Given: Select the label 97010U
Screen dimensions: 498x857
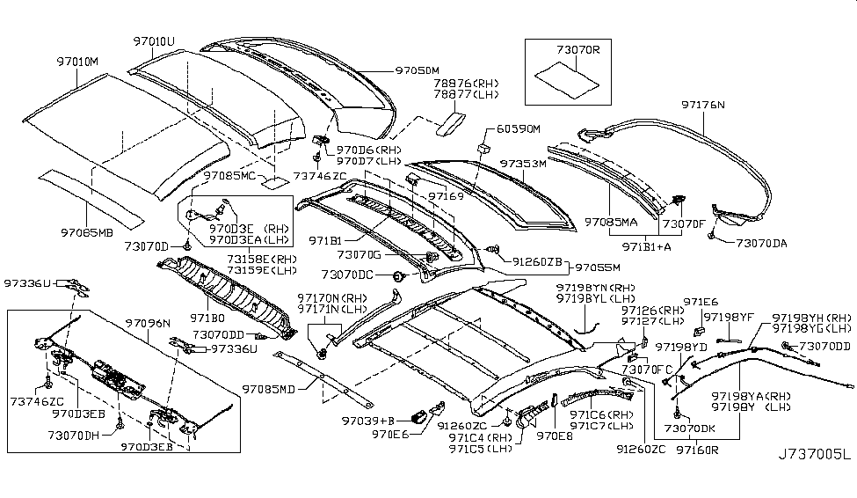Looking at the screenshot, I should click(x=154, y=40).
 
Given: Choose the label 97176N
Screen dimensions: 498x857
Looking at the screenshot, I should click(x=703, y=104).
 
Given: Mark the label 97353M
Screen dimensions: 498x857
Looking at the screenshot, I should click(x=524, y=164).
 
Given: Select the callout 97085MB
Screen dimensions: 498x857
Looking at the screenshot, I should click(x=87, y=232).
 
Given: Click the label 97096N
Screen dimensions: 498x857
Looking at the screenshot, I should click(x=148, y=323).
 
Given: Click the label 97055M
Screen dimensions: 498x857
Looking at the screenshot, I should click(x=598, y=267).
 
